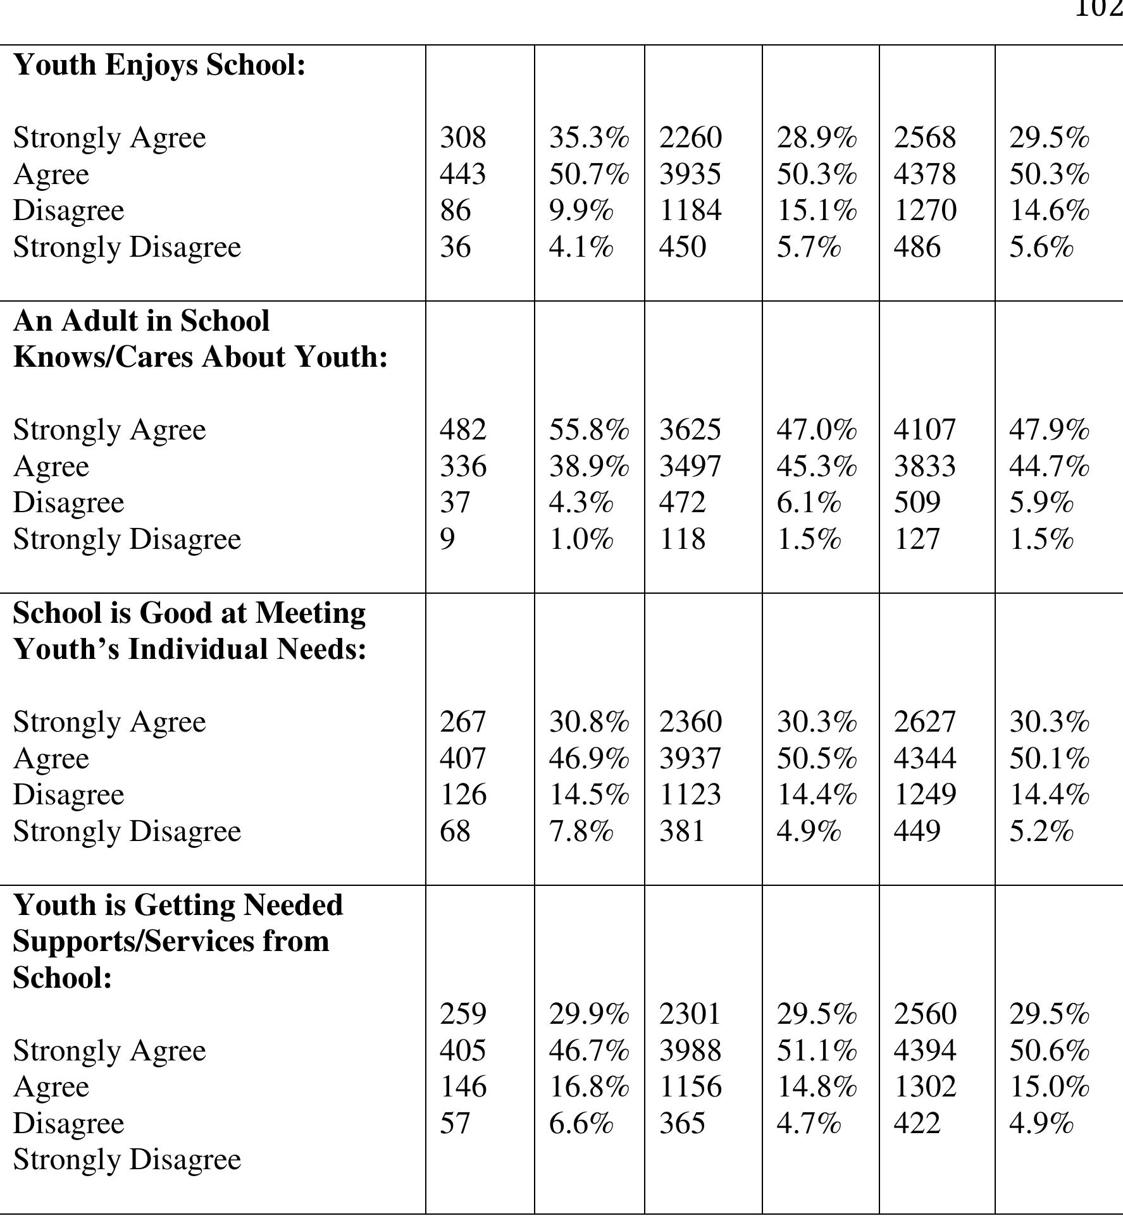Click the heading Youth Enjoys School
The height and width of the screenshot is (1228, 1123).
[x=159, y=65]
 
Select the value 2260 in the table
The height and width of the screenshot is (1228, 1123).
[x=690, y=138]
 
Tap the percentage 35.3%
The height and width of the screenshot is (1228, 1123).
[x=588, y=138]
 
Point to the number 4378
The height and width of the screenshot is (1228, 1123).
[x=924, y=174]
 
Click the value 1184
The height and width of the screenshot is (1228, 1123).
[x=690, y=211]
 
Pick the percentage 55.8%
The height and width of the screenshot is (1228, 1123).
[x=588, y=430]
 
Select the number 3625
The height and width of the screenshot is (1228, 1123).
[x=690, y=430]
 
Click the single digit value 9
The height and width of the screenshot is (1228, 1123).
[x=447, y=539]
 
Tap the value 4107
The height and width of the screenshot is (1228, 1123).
[x=924, y=430]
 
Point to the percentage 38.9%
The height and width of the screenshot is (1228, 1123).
[x=588, y=467]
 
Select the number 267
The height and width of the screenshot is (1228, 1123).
[x=463, y=722]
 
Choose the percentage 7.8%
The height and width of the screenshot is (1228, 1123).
[x=581, y=832]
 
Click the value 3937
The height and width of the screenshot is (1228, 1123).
[x=690, y=758]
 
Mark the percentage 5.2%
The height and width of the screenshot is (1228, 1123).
[x=1041, y=832]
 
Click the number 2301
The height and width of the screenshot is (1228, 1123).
[x=690, y=1014]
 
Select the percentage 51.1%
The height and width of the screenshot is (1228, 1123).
[x=816, y=1051]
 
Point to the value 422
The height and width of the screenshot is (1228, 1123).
[x=917, y=1124]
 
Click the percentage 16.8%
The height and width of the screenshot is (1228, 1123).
[x=588, y=1087]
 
